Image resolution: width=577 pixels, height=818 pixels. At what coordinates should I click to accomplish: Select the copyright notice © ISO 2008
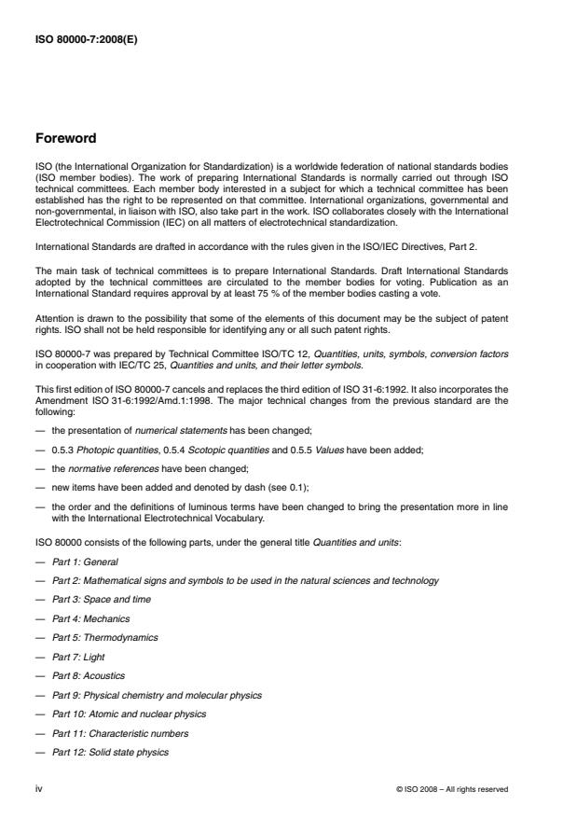[451, 789]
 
